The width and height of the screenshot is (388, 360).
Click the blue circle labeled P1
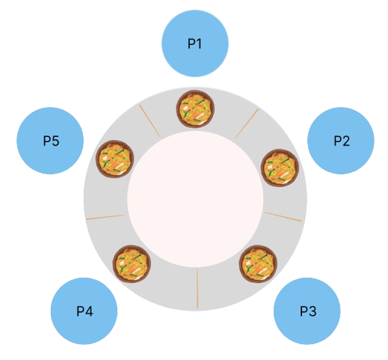(195, 43)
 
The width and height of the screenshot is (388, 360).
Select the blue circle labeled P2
(341, 141)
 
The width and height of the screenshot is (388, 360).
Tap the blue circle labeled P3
(307, 311)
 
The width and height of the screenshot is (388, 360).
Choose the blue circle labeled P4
(84, 311)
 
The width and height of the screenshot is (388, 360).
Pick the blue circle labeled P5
(50, 141)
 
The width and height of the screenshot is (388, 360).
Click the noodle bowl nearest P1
(195, 109)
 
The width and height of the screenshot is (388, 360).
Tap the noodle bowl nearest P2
(280, 168)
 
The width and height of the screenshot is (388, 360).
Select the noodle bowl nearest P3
(258, 264)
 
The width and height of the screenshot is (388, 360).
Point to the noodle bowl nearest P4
(132, 264)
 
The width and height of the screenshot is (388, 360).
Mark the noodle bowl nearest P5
(115, 159)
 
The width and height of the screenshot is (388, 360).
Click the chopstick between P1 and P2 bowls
(247, 123)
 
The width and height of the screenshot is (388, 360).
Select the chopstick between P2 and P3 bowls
(283, 216)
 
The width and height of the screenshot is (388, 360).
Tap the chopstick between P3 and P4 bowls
(197, 289)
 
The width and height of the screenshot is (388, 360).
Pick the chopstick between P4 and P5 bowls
(105, 217)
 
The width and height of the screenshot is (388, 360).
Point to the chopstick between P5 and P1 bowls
(150, 120)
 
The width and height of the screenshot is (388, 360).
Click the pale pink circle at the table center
(195, 199)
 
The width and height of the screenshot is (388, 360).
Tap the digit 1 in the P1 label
(199, 43)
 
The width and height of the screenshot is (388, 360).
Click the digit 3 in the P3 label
(312, 311)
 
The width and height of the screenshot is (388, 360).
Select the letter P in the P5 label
(47, 141)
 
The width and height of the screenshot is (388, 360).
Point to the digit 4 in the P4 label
(89, 311)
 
